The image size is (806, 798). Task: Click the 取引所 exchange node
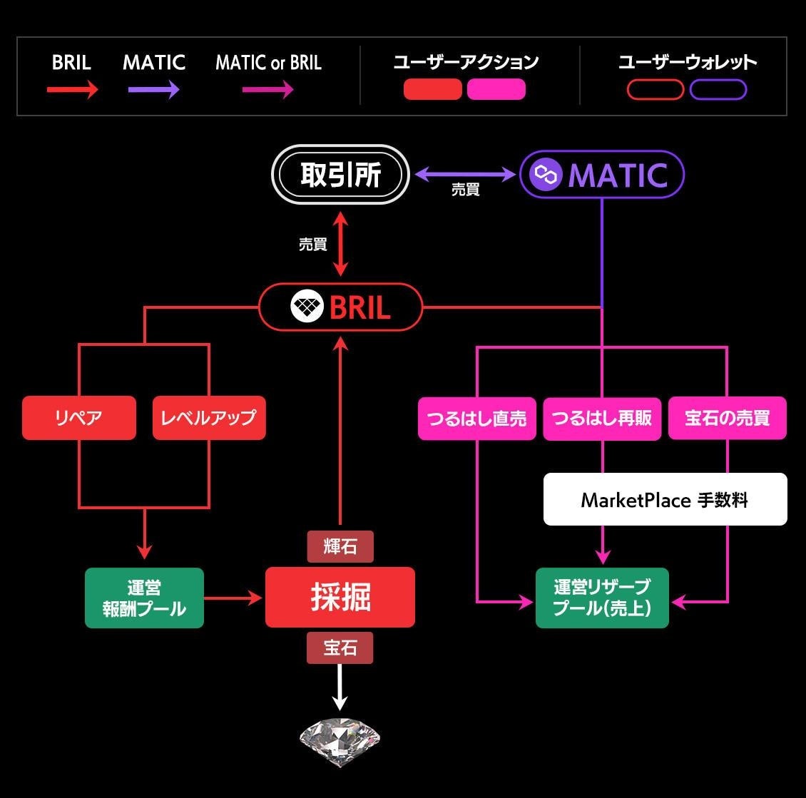[340, 175]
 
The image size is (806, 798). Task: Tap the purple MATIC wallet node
[602, 175]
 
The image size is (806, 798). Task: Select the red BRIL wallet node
[340, 307]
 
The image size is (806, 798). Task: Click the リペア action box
[79, 418]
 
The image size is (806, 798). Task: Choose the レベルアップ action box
[209, 418]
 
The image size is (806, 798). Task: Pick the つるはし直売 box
[477, 419]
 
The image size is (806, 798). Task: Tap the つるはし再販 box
[602, 419]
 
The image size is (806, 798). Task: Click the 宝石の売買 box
[728, 419]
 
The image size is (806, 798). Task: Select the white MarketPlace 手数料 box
[665, 499]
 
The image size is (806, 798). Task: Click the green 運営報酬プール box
[145, 598]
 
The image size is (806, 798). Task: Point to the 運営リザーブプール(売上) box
[603, 598]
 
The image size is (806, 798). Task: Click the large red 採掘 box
[340, 597]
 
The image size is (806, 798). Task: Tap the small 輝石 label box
[340, 546]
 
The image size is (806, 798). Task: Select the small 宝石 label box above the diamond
[340, 648]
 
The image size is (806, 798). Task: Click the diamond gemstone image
[340, 741]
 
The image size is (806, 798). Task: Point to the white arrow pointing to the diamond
[340, 687]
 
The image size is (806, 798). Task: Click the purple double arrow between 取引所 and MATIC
[465, 175]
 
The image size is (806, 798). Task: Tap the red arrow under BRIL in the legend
[73, 90]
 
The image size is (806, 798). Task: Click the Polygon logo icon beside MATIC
[546, 175]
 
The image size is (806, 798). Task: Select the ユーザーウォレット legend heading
[688, 62]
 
